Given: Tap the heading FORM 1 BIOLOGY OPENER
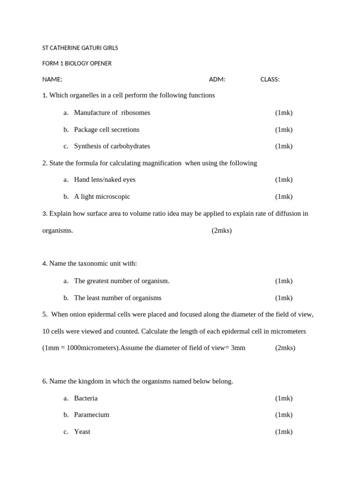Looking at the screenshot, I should point(77,63).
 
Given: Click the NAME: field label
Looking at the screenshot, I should point(52,79).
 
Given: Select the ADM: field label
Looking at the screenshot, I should point(217,79).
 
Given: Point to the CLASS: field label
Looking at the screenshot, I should point(270,79).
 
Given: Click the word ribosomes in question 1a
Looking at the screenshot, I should point(135,112).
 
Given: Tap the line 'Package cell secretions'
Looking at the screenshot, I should point(106,129).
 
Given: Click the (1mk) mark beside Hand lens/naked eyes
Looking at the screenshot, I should point(284,180).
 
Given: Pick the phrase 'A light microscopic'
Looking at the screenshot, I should point(102,196).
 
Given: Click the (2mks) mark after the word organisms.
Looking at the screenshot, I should point(222,231).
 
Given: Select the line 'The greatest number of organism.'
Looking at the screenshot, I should point(121,281).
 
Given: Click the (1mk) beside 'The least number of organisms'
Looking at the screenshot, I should point(284,298).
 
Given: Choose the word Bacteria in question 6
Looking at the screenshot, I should point(86,398).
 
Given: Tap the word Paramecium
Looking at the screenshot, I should point(91,414).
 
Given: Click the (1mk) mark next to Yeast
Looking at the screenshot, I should point(284,432).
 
